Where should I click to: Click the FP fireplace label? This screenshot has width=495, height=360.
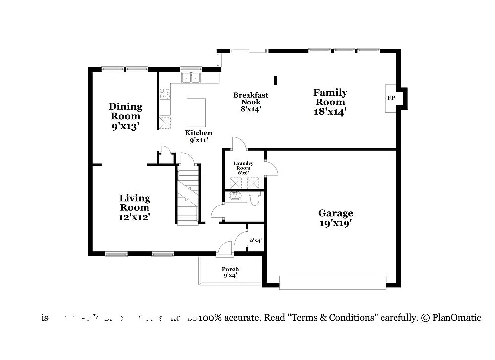point(391,98)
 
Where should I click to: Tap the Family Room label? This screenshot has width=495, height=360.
point(330,102)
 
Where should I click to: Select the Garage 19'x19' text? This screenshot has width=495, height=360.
point(336,218)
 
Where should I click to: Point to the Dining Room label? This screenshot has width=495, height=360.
point(125,116)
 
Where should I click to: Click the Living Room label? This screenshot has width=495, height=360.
point(135,207)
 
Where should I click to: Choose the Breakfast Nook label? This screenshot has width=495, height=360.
point(251,102)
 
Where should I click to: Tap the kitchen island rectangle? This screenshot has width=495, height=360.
point(196,112)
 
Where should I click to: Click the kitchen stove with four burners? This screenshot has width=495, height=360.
point(165,94)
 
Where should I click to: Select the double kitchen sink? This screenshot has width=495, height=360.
point(191,78)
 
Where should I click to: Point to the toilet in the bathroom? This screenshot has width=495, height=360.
point(255,199)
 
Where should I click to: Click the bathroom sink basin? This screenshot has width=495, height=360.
point(234,197)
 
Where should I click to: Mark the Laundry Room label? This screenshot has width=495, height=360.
point(244,168)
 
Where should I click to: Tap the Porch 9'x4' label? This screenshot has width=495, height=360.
point(230,272)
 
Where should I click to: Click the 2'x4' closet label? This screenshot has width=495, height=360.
point(255,241)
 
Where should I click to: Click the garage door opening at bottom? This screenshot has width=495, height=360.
point(333,282)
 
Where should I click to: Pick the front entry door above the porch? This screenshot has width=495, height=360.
point(224,249)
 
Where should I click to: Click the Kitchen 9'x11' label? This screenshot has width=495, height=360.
point(198,136)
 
